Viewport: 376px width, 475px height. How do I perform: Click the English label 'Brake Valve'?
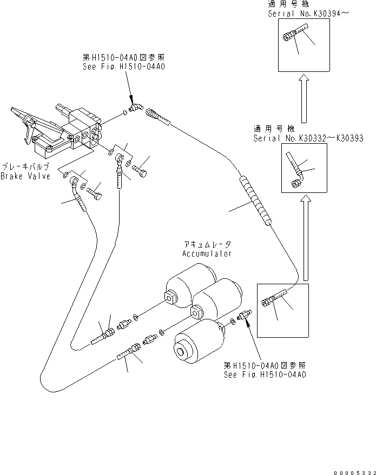point(25,176)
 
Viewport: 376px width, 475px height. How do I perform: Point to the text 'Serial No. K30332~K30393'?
point(307,138)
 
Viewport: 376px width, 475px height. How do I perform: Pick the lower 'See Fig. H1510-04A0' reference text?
point(266,374)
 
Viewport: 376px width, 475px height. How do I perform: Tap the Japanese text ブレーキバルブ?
point(25,168)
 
